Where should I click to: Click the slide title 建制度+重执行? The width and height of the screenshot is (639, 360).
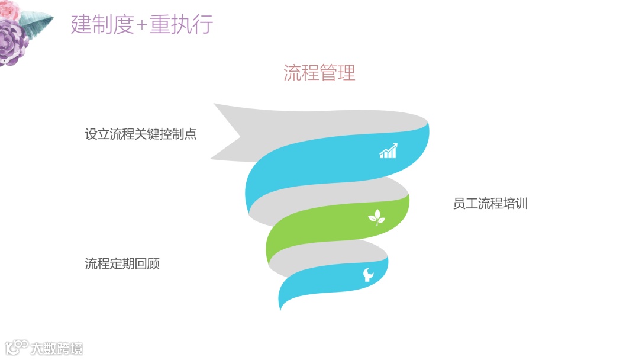tap(141, 25)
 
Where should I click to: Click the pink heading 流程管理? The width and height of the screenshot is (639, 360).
tap(319, 73)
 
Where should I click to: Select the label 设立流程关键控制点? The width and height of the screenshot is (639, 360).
tap(141, 134)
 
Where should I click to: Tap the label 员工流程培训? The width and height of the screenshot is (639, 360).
tap(490, 204)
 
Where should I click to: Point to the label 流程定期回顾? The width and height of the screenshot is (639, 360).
tap(122, 264)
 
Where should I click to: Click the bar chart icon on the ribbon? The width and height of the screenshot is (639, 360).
tap(388, 151)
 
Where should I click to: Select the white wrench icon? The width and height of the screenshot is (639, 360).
tap(368, 275)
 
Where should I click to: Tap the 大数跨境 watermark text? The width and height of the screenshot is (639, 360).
tap(57, 348)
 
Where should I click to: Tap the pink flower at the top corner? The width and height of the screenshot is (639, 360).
tap(8, 9)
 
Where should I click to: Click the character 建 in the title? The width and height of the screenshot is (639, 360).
tap(80, 25)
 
